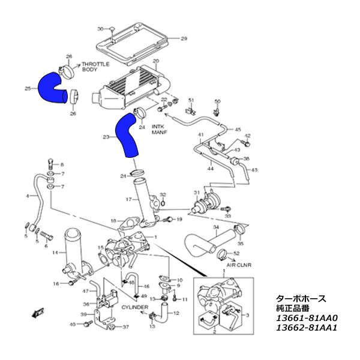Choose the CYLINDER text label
pyautogui.click(x=134, y=307)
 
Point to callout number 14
pyautogui.click(x=55, y=253)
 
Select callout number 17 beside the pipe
pyautogui.click(x=128, y=199)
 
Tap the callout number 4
pyautogui.click(x=28, y=196)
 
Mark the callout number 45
pyautogui.click(x=238, y=130)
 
